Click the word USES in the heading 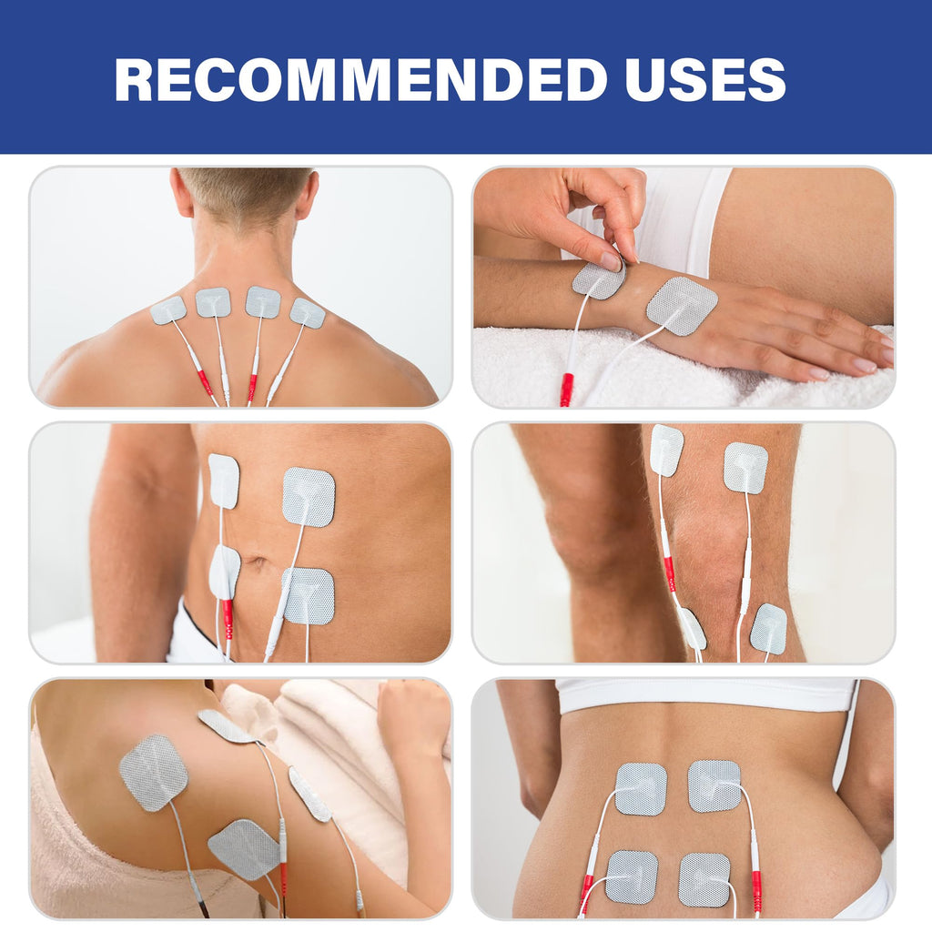click(x=706, y=79)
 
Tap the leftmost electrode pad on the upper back click(x=168, y=310)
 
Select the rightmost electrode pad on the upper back click(x=308, y=313)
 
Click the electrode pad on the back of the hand click(x=682, y=305)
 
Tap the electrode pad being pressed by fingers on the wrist click(x=599, y=280)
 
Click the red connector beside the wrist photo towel click(x=566, y=389)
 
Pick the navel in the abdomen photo click(x=255, y=562)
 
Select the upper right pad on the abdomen click(x=309, y=497)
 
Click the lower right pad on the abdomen click(x=309, y=595)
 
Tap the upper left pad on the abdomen click(x=223, y=481)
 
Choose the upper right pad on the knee click(x=745, y=468)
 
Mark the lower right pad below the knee click(x=768, y=628)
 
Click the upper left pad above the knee click(x=666, y=450)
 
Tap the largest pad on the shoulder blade click(x=153, y=772)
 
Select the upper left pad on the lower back click(x=641, y=788)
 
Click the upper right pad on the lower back click(x=714, y=785)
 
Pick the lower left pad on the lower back click(x=632, y=877)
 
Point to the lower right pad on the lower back click(x=704, y=879)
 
